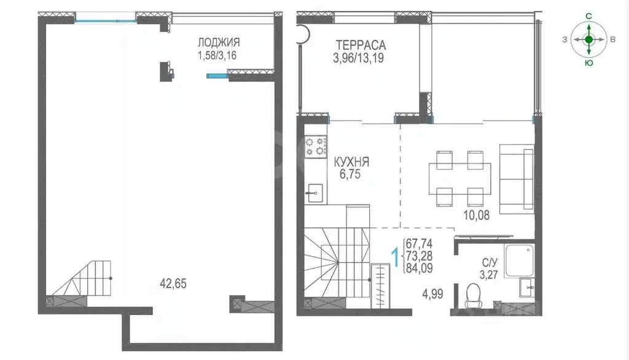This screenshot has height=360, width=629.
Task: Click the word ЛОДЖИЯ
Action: [219, 42]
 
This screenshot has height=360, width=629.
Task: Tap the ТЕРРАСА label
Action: [361, 45]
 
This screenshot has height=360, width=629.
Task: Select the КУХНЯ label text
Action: [351, 162]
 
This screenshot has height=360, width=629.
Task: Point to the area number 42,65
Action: [173, 284]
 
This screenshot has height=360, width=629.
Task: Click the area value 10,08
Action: [477, 216]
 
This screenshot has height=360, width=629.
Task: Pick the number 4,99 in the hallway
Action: [432, 294]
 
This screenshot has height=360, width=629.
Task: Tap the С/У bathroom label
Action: [490, 264]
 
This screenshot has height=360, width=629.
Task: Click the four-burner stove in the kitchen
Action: [315, 146]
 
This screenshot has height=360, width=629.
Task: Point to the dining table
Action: [459, 178]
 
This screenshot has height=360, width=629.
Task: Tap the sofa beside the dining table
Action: [517, 179]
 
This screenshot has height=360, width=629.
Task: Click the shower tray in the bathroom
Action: [520, 260]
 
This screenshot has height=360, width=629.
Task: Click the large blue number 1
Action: [395, 257]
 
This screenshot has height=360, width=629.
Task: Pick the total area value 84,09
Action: [419, 268]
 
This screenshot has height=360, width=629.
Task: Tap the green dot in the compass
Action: [588, 39]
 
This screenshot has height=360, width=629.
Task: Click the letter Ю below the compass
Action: [589, 63]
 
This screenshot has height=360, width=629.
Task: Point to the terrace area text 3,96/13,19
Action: [358, 58]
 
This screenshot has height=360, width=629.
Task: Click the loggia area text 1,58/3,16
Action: [217, 55]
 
